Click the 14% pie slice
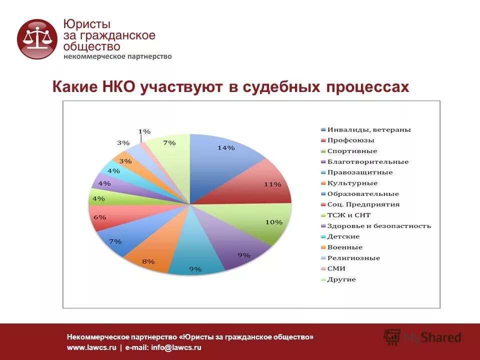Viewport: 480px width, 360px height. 225,160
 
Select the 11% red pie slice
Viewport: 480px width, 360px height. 260,185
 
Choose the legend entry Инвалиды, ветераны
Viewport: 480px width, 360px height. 369,130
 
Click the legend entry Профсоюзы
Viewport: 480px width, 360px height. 351,140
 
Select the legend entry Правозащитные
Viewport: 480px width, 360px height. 360,172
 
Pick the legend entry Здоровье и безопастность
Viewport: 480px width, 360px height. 379,226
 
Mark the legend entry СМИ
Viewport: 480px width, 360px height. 336,268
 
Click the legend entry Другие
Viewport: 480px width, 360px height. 341,279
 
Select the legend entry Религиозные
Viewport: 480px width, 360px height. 353,258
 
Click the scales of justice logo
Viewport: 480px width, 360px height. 38,39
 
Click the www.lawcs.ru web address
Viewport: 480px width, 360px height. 91,347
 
